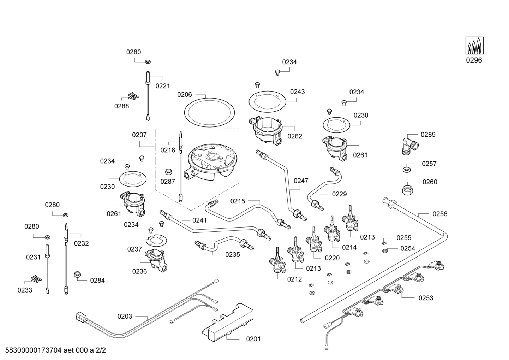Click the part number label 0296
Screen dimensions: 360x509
(474, 60)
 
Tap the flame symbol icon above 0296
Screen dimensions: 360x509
(474, 46)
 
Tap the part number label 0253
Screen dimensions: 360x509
(426, 298)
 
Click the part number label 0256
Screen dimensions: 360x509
(439, 214)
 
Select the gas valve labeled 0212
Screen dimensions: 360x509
(277, 262)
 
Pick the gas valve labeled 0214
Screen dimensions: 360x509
(332, 230)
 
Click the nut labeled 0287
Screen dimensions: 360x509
(169, 172)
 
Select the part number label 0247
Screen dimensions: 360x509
(301, 181)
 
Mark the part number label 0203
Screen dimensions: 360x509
(125, 316)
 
